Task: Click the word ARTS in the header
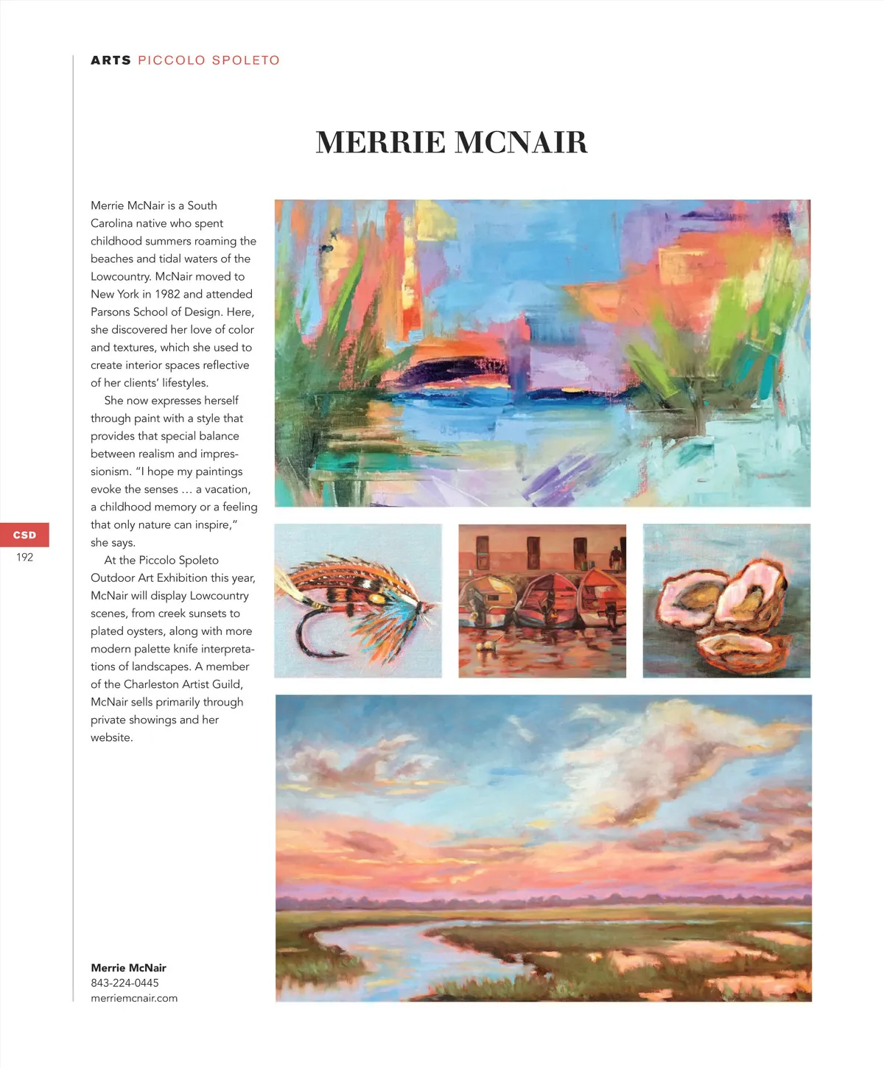110,60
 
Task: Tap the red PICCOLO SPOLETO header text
208,60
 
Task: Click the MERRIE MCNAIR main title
452,142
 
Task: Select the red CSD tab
24,535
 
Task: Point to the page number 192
24,558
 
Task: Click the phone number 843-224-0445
124,983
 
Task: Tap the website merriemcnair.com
134,998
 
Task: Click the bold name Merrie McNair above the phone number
128,968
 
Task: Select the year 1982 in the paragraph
167,294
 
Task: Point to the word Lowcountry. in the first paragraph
121,276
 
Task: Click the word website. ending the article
112,737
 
